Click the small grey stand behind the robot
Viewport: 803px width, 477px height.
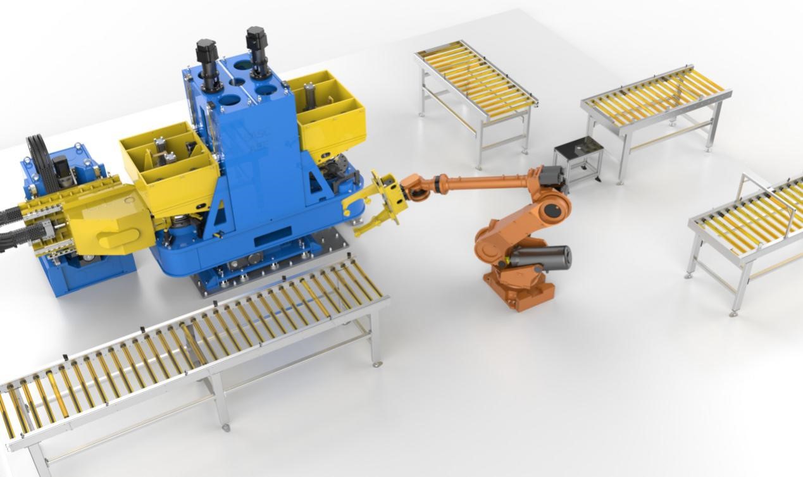tap(578, 161)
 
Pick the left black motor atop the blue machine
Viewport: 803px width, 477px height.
tap(206, 57)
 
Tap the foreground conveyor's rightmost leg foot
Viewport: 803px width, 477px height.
tap(377, 364)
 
